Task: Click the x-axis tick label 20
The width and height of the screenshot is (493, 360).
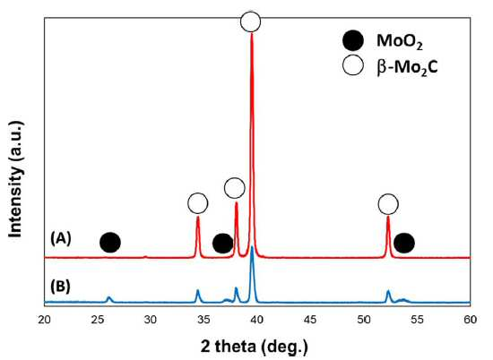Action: point(44,320)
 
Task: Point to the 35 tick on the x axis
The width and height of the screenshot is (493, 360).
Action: point(204,320)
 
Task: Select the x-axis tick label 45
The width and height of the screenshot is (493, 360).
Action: point(311,320)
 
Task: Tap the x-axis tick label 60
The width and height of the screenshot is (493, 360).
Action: point(471,320)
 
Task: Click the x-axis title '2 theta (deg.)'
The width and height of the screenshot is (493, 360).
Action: point(255,347)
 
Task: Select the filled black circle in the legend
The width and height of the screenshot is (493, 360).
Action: point(353,41)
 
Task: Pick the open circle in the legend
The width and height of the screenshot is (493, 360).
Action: point(353,64)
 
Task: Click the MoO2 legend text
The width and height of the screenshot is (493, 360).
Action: point(400,42)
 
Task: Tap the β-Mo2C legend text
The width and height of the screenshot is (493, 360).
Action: point(407,67)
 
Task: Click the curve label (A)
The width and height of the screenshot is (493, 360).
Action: point(61,239)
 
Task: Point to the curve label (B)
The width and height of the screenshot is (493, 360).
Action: point(60,287)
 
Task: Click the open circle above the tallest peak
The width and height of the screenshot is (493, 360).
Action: point(251,21)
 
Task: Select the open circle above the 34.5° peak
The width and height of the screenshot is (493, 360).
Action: point(198,203)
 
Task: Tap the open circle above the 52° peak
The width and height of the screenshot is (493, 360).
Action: point(388,204)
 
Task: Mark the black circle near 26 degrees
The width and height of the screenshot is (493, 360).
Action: point(110,243)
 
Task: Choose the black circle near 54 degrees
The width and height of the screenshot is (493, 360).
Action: point(404,244)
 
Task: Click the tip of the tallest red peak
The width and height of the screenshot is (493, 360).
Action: point(252,33)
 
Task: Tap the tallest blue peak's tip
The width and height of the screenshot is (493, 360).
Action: point(252,247)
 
